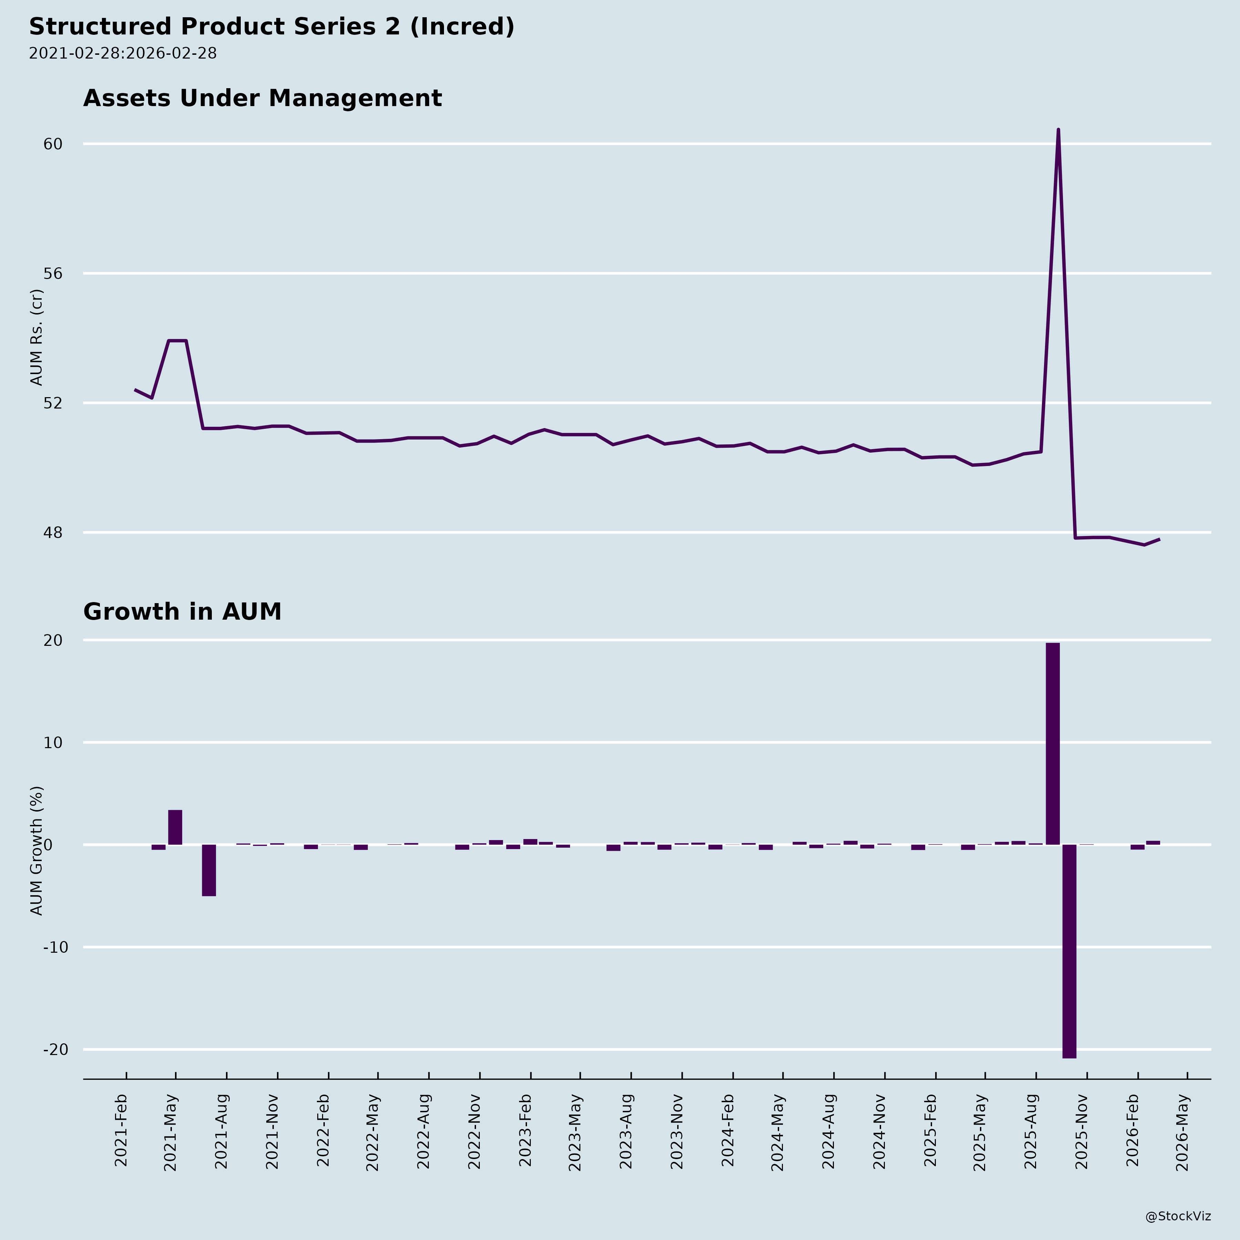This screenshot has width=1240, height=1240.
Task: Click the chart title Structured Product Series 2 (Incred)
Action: click(271, 27)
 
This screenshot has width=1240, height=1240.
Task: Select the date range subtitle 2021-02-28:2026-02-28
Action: click(123, 53)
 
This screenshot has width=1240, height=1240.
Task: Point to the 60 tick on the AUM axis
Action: click(53, 144)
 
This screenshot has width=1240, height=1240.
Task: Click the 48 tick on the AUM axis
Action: click(53, 533)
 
